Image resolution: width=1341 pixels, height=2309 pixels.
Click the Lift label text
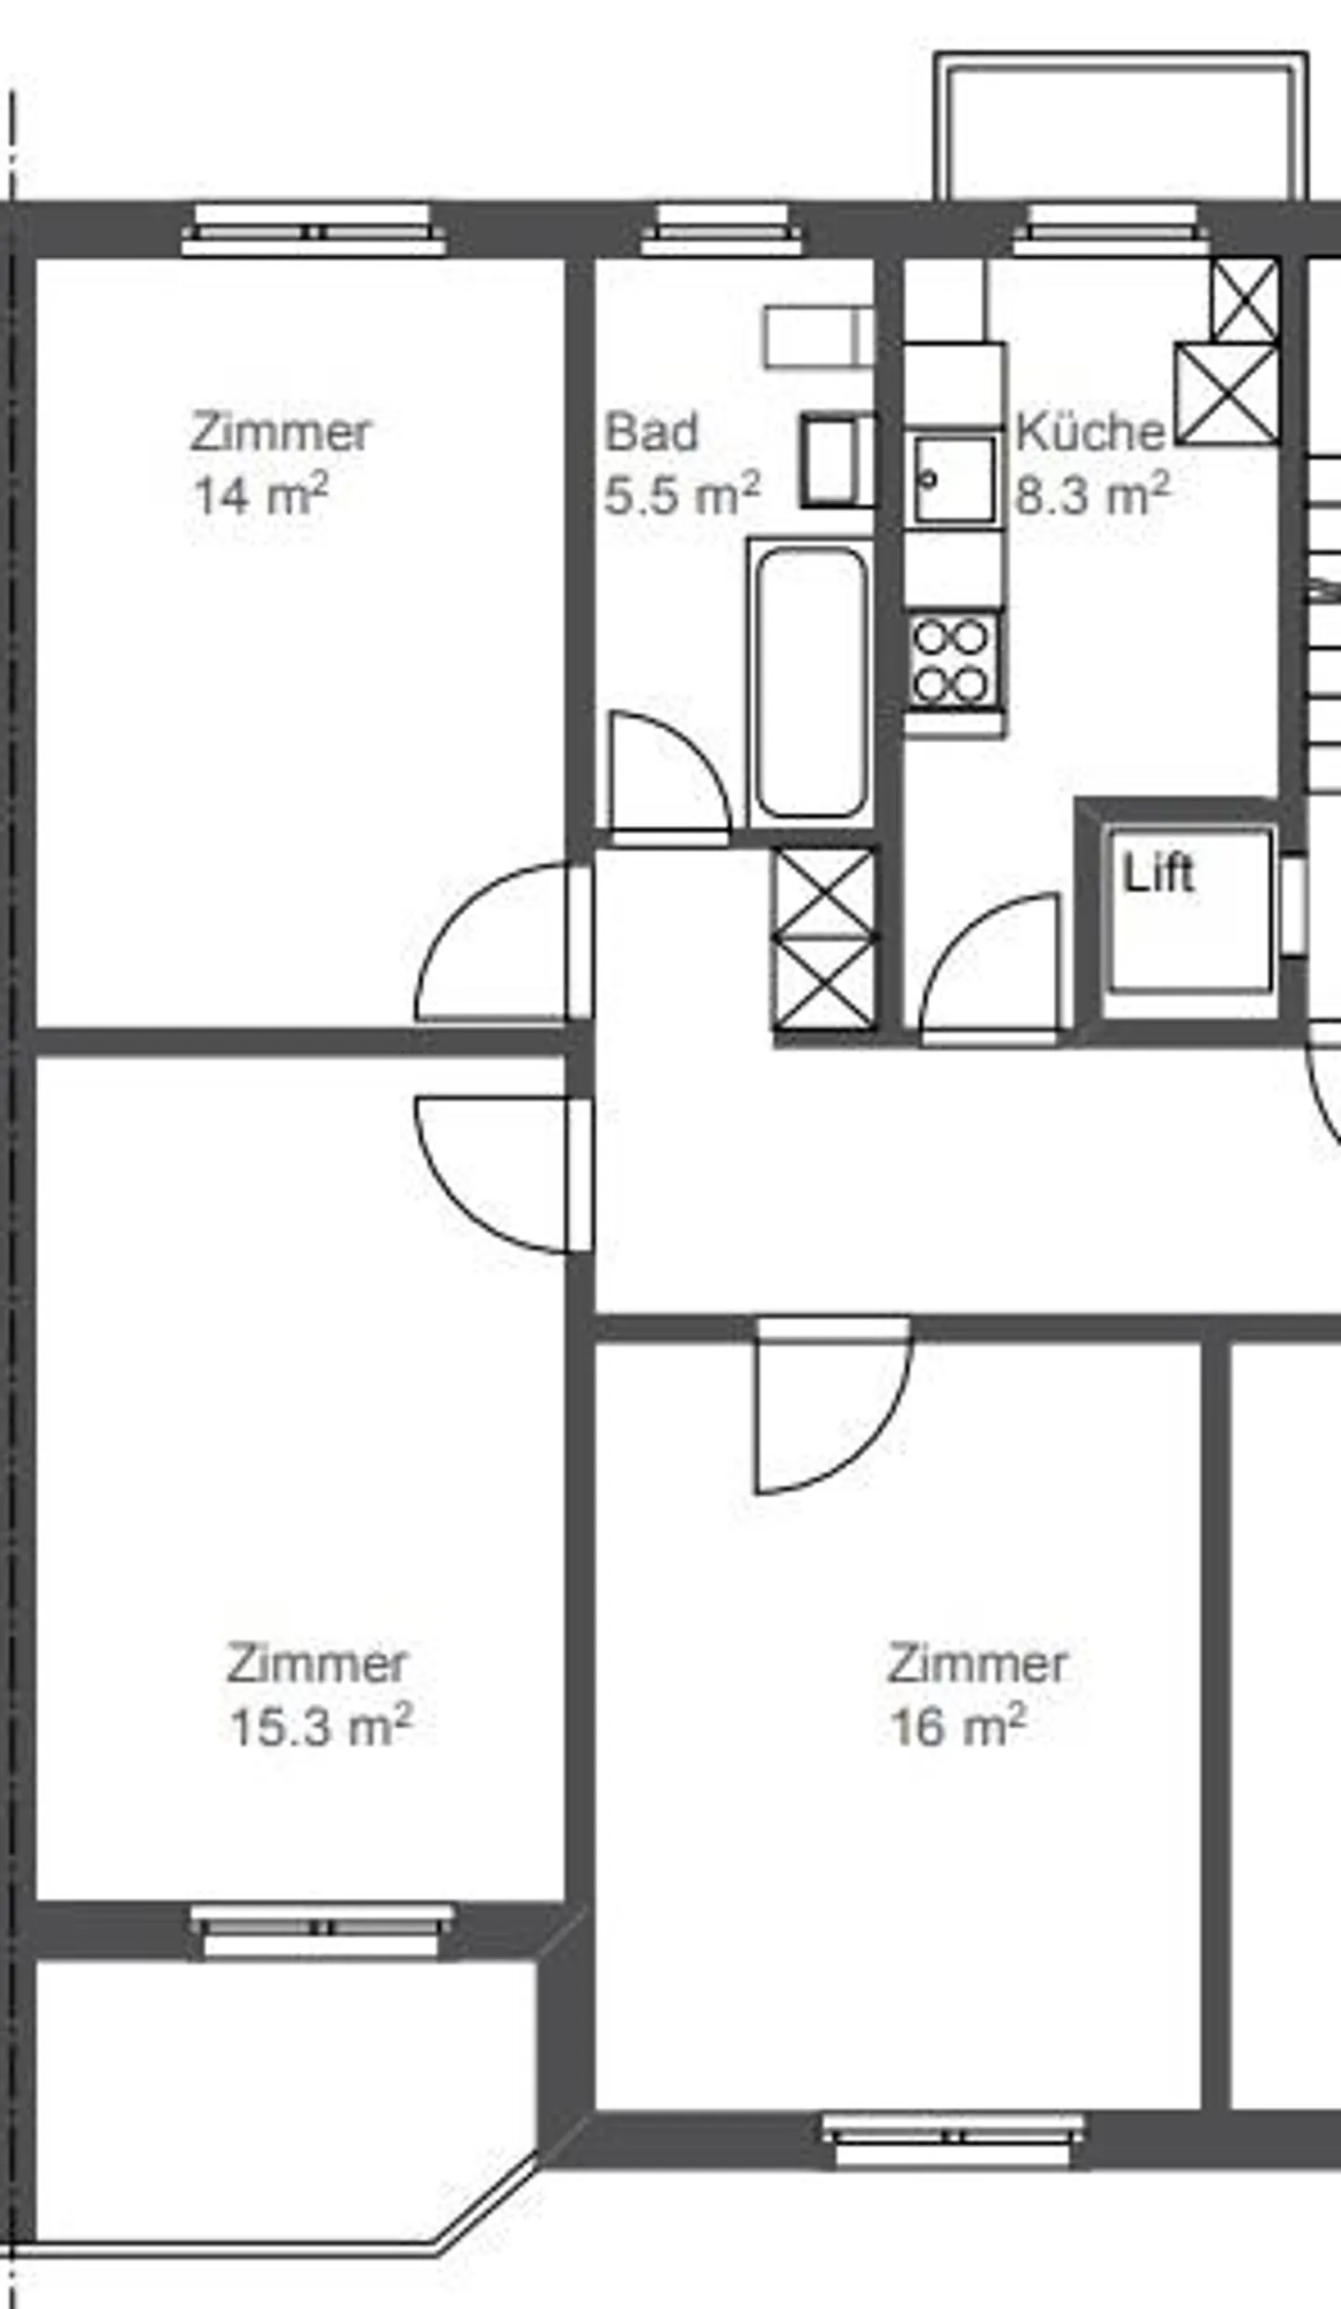click(x=1158, y=873)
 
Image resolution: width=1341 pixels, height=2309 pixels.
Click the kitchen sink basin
click(x=954, y=479)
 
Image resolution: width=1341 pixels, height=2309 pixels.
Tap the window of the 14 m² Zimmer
click(x=314, y=231)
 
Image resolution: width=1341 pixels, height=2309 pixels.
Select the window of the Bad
click(x=722, y=231)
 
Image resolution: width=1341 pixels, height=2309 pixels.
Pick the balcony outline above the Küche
click(x=1121, y=126)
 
